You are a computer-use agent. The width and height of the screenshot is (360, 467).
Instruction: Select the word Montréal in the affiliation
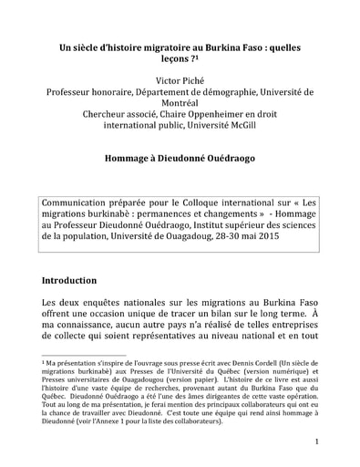pyautogui.click(x=180, y=109)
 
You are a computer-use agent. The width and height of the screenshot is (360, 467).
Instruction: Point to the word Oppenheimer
pyautogui.click(x=236, y=123)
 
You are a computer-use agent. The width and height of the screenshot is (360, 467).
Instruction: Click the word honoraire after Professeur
pyautogui.click(x=130, y=93)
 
